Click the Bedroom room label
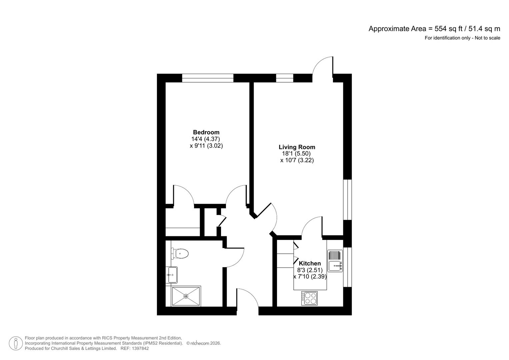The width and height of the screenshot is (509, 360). pos(206,132)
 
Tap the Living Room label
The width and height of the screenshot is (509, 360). pos(297,147)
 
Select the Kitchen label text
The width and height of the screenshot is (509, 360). pos(310,263)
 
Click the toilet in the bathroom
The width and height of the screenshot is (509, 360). pos(181,254)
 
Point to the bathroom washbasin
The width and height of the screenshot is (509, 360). pos(172,275)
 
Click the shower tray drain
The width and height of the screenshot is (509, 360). pos(186,296)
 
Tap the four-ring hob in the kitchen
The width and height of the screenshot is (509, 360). pos(310,298)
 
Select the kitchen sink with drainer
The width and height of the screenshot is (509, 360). pos(335,261)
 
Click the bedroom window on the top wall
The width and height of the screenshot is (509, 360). pos(207,78)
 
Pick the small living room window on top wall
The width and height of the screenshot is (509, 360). pos(284,78)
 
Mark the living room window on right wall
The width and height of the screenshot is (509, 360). pos(348,200)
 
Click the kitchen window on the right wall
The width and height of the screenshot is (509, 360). pos(348,267)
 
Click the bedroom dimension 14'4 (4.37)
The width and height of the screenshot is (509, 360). pos(206,139)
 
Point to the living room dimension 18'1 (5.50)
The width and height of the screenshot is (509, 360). pos(296,154)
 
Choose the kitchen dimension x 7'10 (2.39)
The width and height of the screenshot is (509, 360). pos(310,277)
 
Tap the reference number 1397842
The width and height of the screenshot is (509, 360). pos(140,348)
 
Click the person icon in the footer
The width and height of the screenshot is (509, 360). pos(16,343)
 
